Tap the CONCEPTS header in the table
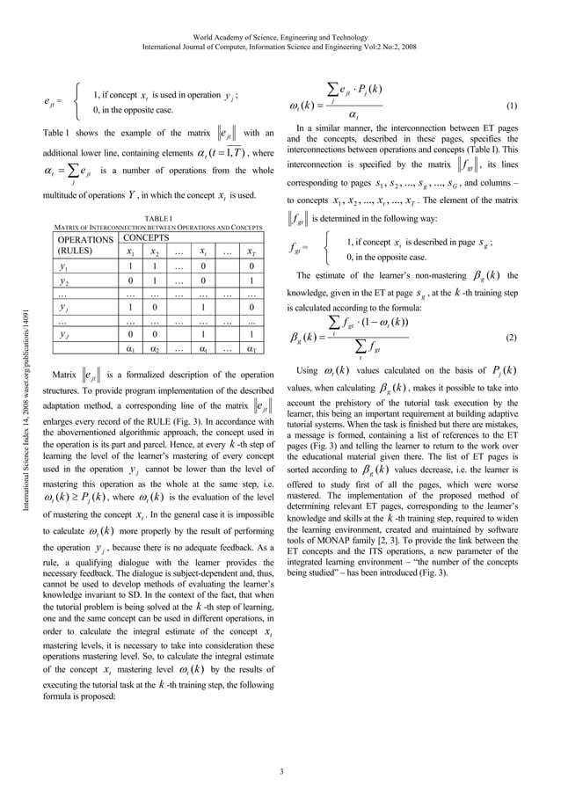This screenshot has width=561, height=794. tap(143, 237)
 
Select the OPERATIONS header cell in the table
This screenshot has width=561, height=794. tap(85, 238)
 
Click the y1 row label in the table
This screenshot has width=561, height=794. tap(63, 266)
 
